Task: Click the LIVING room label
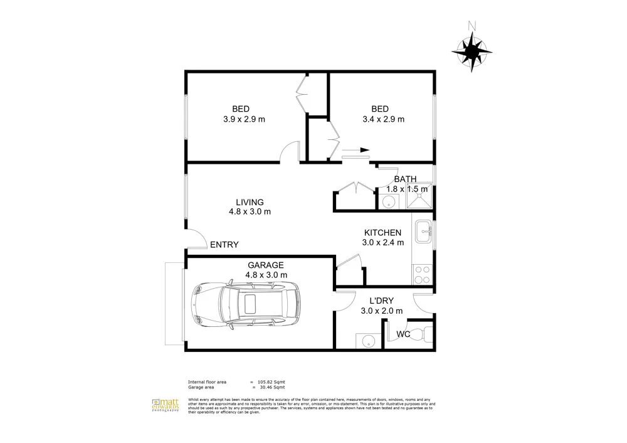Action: tap(250, 202)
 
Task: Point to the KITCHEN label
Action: tap(382, 232)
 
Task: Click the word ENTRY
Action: tap(224, 245)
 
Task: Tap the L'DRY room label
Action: tap(382, 301)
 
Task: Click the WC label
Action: tap(403, 334)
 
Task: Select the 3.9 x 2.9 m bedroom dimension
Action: tap(244, 119)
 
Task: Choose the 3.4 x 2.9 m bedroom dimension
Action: tap(383, 119)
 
